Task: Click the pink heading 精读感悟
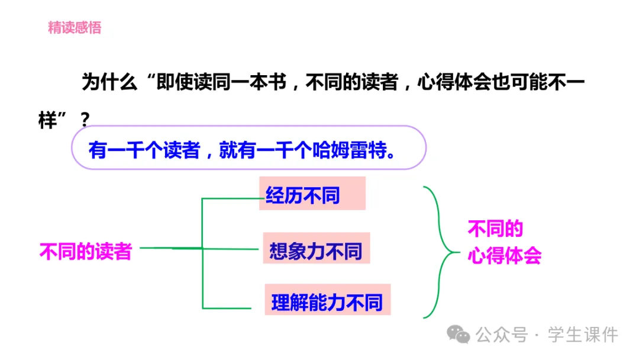75,27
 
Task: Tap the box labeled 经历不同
312,194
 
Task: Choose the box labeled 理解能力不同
327,302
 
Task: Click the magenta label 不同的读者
85,251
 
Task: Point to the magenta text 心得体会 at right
505,256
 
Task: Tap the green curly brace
441,252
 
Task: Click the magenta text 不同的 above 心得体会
495,229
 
